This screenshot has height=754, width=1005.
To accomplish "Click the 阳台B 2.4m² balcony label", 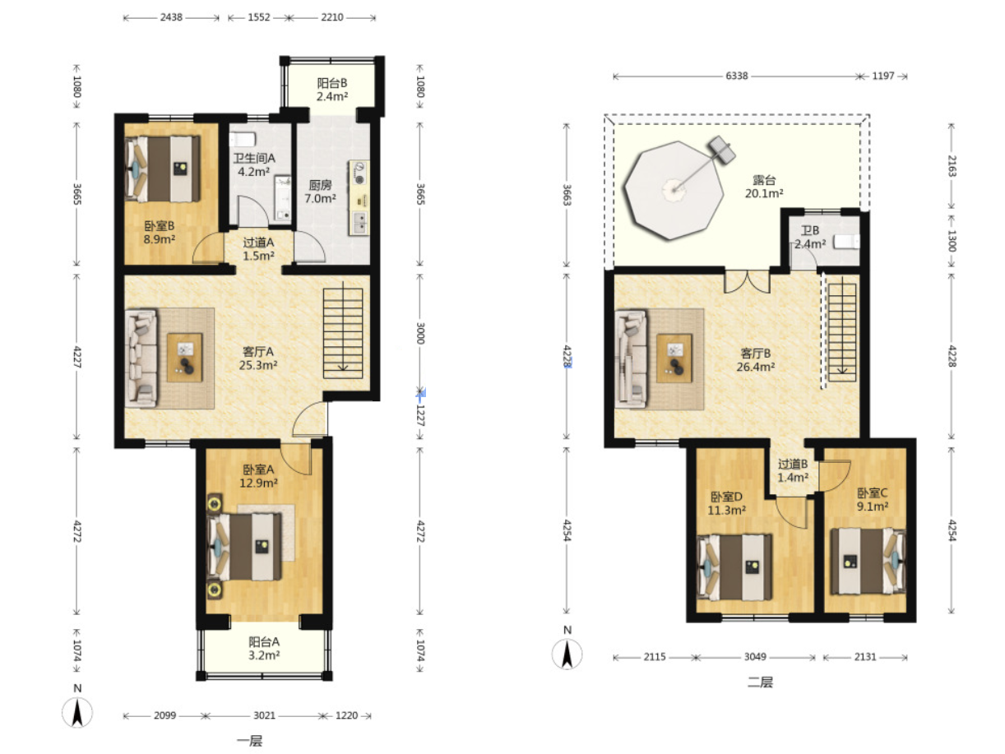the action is pyautogui.click(x=332, y=90).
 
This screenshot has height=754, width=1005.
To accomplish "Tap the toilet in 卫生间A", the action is pyautogui.click(x=243, y=139).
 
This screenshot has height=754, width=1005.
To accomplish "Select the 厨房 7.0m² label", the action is pyautogui.click(x=320, y=192).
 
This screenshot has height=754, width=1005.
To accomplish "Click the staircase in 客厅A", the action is pyautogui.click(x=342, y=333).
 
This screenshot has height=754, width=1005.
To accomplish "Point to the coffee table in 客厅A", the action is pyautogui.click(x=184, y=358).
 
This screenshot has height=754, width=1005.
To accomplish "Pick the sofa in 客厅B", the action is pyautogui.click(x=631, y=358).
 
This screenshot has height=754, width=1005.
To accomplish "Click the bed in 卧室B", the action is pyautogui.click(x=163, y=169).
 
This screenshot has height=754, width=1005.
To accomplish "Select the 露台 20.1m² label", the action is pyautogui.click(x=764, y=187).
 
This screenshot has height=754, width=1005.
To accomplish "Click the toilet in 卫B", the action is pyautogui.click(x=845, y=242).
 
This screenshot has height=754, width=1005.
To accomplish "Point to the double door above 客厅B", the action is pyautogui.click(x=747, y=282).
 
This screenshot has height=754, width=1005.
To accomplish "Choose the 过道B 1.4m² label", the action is pyautogui.click(x=793, y=470).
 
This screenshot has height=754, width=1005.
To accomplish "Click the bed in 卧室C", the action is pyautogui.click(x=868, y=562).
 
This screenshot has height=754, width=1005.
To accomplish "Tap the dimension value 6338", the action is pyautogui.click(x=736, y=76).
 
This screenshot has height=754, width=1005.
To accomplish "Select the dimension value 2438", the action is pyautogui.click(x=171, y=17).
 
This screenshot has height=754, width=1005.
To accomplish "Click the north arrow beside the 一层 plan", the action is pyautogui.click(x=77, y=712).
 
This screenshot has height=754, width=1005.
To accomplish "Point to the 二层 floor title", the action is pyautogui.click(x=760, y=682).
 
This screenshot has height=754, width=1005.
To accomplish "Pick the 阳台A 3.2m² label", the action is pyautogui.click(x=264, y=648).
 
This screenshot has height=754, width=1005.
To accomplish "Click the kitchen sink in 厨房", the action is pyautogui.click(x=359, y=224).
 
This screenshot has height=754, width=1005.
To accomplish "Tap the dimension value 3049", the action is pyautogui.click(x=755, y=657).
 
